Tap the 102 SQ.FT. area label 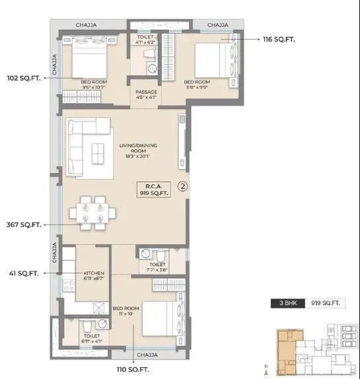[23, 77]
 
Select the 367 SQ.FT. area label [23, 224]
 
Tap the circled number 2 [183, 187]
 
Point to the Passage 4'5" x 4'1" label [145, 95]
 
